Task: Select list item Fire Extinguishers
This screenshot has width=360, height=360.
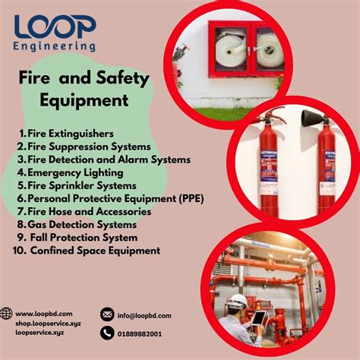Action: [x=71, y=133]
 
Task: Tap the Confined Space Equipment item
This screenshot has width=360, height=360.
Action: [x=94, y=250]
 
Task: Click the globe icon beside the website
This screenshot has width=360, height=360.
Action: [x=7, y=313]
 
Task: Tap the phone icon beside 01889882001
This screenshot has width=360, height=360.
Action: [x=107, y=333]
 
